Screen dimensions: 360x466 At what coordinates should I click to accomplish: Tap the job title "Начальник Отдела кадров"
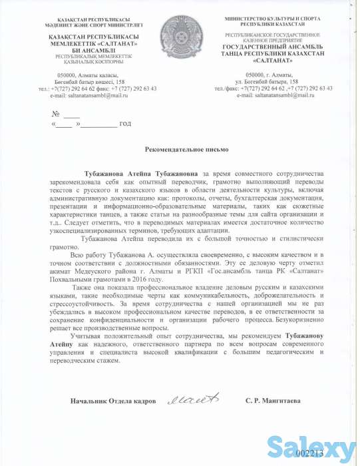[106, 402]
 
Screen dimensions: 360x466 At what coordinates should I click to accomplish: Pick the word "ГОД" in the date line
[125, 124]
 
